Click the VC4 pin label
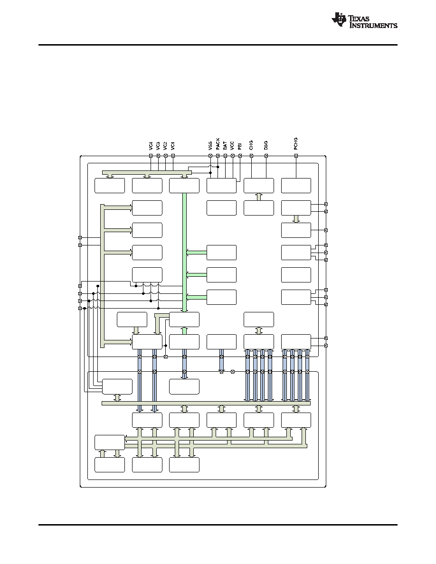[151, 146]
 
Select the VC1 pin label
[173, 146]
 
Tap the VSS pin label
[210, 146]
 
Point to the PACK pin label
[218, 144]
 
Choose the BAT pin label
[225, 146]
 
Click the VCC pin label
[232, 146]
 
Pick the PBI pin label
[240, 146]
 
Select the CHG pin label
[251, 145]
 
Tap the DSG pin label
[266, 145]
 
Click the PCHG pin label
[296, 144]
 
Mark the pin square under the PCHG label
[296, 156]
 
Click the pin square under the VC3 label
[158, 156]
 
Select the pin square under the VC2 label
[166, 156]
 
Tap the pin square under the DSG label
[266, 156]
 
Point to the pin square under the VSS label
[210, 156]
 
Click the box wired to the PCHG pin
[296, 186]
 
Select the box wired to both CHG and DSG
[259, 186]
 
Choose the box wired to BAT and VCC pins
[222, 186]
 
